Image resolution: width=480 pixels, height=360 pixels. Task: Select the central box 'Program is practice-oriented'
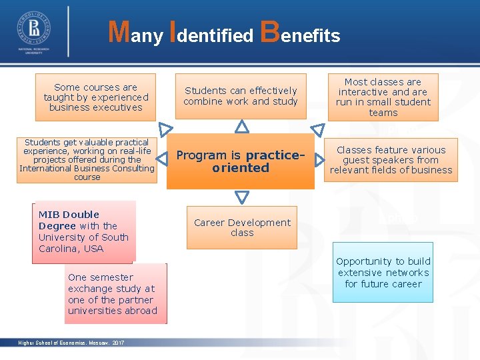241,161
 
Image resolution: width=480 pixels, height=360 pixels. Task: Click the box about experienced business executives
95,97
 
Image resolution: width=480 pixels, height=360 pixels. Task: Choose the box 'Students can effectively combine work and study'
241,96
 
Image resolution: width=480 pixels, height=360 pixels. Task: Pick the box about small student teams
383,97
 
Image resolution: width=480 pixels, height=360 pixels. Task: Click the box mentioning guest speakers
391,160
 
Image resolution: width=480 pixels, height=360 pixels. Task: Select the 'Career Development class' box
242,227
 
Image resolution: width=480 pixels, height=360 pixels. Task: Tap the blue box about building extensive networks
383,272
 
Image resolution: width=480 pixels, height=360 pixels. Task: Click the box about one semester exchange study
115,294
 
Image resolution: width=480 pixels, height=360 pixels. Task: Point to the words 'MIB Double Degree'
69,220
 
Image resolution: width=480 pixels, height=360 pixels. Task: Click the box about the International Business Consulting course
87,160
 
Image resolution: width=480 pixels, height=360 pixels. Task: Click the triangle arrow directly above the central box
242,126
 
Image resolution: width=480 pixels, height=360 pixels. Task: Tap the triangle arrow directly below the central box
242,197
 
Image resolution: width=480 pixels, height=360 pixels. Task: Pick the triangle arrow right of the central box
320,161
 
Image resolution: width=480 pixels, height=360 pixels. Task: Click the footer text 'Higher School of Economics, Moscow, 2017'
71,343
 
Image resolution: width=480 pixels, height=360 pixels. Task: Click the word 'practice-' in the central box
275,155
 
